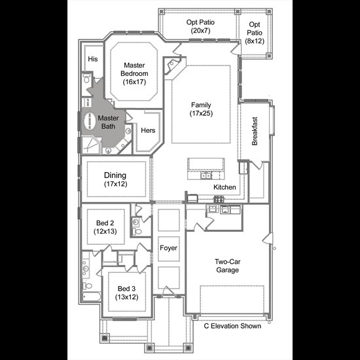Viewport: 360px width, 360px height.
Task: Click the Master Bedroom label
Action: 134,73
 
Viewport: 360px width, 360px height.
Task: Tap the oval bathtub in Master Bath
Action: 90,122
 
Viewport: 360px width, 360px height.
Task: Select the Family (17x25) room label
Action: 201,109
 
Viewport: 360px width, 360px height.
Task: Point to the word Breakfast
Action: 255,131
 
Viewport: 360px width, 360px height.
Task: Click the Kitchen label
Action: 225,187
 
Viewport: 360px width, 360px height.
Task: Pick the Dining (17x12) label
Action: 115,179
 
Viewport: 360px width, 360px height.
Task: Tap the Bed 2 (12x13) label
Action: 105,227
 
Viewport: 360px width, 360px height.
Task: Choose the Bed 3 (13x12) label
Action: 127,293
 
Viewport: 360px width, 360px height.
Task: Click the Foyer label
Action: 168,248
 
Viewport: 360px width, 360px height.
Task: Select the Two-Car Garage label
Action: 228,266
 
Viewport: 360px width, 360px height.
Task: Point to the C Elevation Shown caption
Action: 232,326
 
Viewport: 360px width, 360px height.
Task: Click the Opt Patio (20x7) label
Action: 200,26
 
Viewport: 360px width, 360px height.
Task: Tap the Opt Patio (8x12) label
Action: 255,33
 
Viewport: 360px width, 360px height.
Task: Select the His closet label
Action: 93,59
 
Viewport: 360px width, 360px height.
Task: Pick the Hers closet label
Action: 148,130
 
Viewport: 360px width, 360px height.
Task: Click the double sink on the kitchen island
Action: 206,175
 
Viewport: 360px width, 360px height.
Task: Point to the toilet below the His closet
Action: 86,78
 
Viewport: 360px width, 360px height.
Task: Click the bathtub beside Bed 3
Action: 92,297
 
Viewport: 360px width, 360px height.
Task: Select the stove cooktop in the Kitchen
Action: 219,199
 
